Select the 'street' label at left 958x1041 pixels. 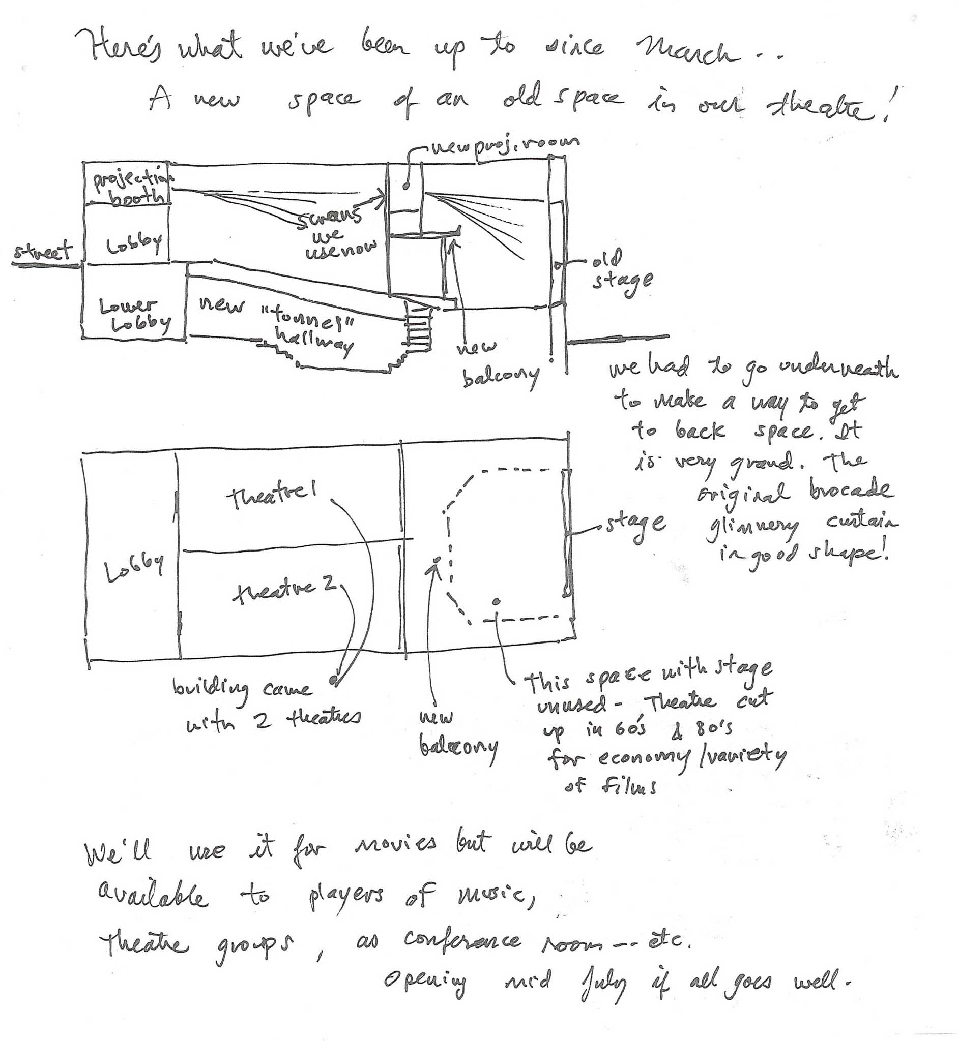44,251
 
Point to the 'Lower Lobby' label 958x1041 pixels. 134,315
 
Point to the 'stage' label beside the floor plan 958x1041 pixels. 635,525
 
